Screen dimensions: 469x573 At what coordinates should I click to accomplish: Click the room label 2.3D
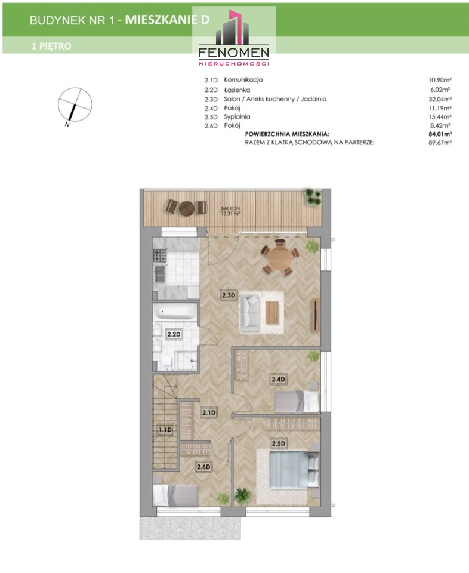(x=229, y=294)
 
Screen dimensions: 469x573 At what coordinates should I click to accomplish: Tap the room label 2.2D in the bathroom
(x=174, y=334)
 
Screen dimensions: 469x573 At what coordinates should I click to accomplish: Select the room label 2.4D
(x=278, y=380)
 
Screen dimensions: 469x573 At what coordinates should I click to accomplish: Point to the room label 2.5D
(x=278, y=443)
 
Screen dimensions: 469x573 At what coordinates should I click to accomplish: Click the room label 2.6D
(x=204, y=467)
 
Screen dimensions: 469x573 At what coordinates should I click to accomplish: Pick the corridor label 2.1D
(x=209, y=412)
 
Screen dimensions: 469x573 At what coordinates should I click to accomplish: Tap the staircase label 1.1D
(x=165, y=430)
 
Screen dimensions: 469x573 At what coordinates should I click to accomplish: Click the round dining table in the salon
(x=279, y=258)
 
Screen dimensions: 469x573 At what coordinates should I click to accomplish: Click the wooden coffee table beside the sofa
(x=272, y=312)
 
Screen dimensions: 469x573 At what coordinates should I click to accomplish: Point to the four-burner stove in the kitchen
(x=160, y=255)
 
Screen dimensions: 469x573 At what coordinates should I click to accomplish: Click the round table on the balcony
(x=187, y=208)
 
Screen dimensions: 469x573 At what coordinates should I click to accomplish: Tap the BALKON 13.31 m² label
(x=230, y=211)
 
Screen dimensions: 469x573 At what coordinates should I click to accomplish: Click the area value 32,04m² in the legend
(x=440, y=99)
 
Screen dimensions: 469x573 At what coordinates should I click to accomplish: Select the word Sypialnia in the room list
(x=237, y=117)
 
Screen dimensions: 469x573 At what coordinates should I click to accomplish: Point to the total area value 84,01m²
(x=440, y=134)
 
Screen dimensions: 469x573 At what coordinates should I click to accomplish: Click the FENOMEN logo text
(x=234, y=53)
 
